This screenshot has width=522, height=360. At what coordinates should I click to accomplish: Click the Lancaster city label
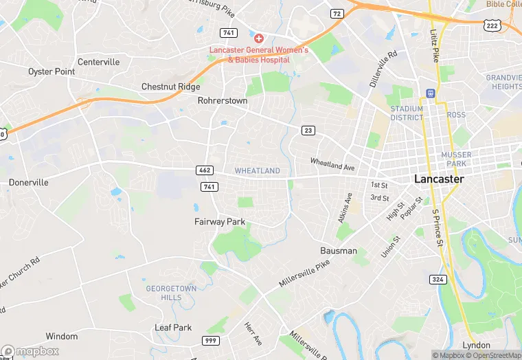[439, 179]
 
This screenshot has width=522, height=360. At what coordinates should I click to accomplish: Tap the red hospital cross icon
[258, 38]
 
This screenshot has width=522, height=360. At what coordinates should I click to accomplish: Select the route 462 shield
[205, 170]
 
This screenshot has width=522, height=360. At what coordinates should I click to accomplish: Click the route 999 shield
[212, 341]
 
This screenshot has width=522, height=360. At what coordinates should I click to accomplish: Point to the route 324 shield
[438, 279]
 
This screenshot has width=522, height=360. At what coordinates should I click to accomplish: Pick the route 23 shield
[308, 131]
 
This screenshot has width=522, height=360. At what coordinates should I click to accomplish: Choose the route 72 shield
[337, 13]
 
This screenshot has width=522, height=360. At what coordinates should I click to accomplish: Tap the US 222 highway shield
[510, 25]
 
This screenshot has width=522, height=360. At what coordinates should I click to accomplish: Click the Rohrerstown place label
[222, 100]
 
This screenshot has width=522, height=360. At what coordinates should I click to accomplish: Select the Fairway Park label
[220, 222]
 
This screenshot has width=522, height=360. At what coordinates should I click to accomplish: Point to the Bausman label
[339, 251]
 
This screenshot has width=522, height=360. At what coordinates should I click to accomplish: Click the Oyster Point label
[52, 71]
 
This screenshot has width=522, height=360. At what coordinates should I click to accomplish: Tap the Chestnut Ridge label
[170, 87]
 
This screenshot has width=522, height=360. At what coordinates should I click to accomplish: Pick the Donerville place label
[29, 183]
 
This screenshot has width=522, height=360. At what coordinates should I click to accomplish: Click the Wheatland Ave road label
[332, 166]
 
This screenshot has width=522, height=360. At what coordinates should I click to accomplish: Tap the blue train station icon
[431, 93]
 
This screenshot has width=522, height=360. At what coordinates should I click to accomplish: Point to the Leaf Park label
[173, 328]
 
